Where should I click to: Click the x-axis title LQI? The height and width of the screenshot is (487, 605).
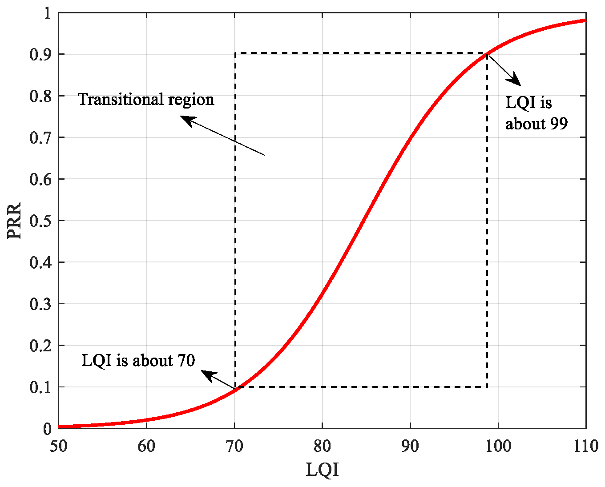(x=322, y=470)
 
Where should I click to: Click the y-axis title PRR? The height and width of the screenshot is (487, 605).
(x=14, y=221)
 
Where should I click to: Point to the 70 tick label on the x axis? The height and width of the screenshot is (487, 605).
(x=234, y=446)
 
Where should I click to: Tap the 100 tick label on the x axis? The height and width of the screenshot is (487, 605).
(x=498, y=446)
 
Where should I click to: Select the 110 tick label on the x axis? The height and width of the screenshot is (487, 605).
(x=585, y=446)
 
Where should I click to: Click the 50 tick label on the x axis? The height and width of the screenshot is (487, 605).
(x=59, y=446)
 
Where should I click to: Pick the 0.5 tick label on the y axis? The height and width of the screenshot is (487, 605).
(x=40, y=221)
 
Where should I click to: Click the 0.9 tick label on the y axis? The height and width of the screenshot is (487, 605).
(x=40, y=54)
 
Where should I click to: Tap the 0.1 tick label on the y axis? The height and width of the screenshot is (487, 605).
(x=40, y=387)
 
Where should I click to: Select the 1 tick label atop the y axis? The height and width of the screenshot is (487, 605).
(x=48, y=13)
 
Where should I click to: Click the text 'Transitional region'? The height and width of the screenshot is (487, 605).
(x=146, y=99)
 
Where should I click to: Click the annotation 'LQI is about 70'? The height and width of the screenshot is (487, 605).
(x=138, y=360)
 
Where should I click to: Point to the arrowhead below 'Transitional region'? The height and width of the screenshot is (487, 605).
(x=186, y=120)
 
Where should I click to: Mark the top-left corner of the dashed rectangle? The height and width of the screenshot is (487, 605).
(x=235, y=53)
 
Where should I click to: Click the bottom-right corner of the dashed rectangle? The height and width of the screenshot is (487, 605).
(x=487, y=387)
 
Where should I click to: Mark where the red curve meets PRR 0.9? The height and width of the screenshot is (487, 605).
(x=488, y=54)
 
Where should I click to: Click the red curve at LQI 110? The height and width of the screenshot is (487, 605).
(x=585, y=20)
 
